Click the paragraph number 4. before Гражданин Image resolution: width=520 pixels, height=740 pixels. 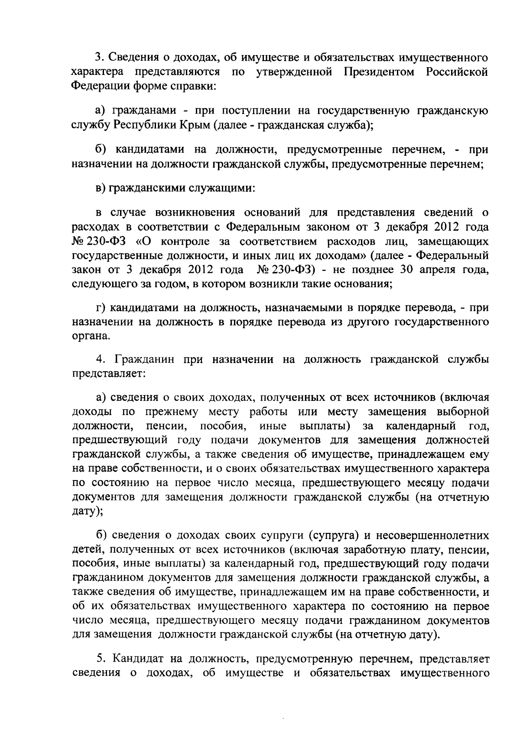[x=101, y=359]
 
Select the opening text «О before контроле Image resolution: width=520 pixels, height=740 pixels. [x=147, y=241]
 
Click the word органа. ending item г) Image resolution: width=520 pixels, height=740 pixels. [x=88, y=336]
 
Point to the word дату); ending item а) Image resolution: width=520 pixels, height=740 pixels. [x=87, y=511]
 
